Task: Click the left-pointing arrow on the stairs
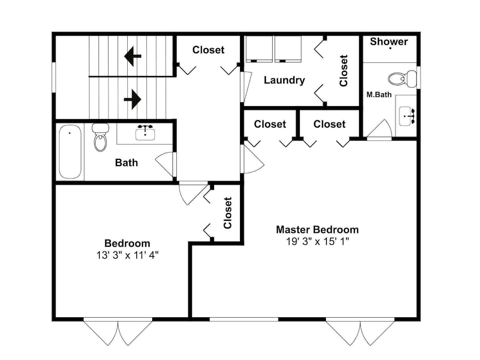click(x=132, y=56)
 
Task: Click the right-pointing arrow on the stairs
click(x=132, y=99)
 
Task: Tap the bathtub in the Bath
click(x=70, y=152)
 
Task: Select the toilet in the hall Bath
click(x=100, y=137)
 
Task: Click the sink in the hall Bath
click(x=145, y=133)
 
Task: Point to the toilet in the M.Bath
click(x=402, y=78)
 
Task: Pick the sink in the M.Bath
click(x=407, y=116)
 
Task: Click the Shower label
click(x=389, y=42)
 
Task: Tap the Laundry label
click(x=284, y=80)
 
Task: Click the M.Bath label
click(x=379, y=95)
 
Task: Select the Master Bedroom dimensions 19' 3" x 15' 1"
click(x=317, y=241)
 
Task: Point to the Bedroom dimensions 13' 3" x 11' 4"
click(x=127, y=255)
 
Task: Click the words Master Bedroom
click(x=317, y=229)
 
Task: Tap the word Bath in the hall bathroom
click(x=126, y=163)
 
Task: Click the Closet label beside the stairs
click(x=208, y=50)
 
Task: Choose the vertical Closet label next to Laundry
click(x=344, y=71)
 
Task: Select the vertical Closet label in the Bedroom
click(x=228, y=213)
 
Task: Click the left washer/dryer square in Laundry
click(x=259, y=49)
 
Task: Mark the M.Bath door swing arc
click(x=380, y=129)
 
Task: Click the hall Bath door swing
click(x=164, y=165)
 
